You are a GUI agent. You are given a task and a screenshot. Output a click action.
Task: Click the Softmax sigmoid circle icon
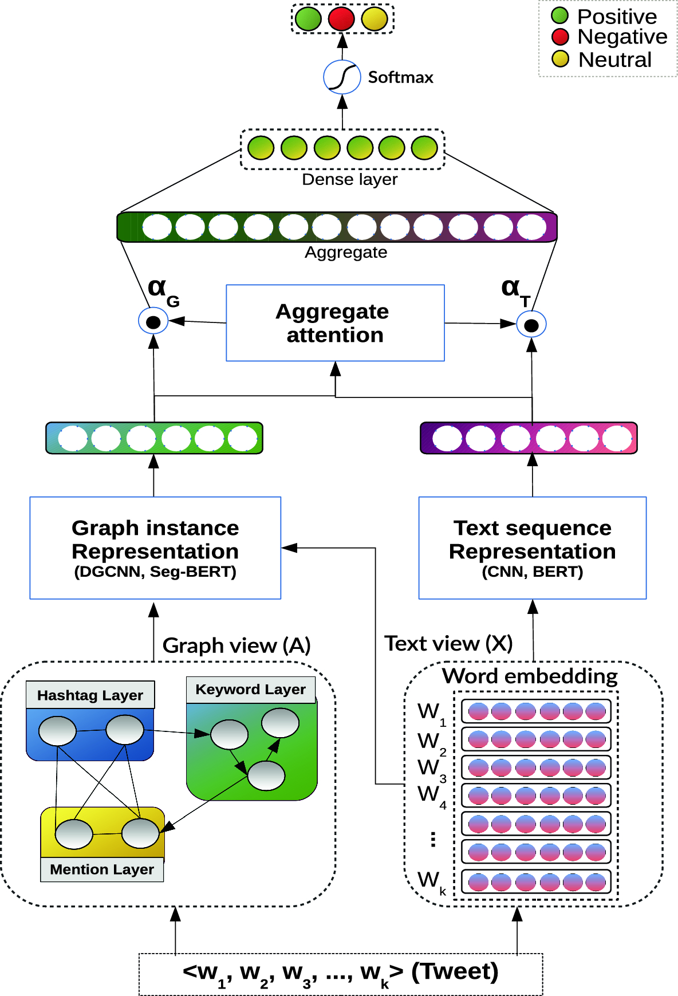[342, 77]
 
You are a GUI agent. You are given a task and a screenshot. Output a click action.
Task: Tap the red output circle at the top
[342, 18]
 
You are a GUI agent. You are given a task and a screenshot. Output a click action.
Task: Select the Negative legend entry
[609, 37]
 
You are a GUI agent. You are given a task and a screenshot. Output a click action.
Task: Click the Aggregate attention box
[335, 323]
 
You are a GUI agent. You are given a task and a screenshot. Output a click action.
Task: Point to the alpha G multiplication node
[153, 321]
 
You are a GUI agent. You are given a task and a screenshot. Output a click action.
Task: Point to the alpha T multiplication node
[531, 325]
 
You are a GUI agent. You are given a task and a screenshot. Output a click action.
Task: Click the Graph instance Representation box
[155, 548]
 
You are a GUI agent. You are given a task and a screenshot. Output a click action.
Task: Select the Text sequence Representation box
[532, 548]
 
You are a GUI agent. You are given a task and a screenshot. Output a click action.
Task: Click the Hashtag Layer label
[90, 695]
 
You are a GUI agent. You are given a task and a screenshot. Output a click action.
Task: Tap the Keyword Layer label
[250, 689]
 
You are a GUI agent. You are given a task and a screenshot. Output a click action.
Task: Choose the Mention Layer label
[102, 869]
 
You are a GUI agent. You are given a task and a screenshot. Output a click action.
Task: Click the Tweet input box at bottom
[341, 974]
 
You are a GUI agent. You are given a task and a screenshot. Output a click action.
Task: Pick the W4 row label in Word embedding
[431, 796]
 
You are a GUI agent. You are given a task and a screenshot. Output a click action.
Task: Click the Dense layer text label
[349, 180]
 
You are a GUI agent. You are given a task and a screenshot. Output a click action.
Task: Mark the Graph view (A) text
[236, 645]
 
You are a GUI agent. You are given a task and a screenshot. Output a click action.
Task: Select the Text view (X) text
[448, 644]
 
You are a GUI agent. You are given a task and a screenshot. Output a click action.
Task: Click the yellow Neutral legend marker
[560, 59]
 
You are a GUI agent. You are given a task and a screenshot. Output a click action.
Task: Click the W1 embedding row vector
[537, 711]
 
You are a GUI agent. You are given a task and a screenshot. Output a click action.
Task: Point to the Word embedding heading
[530, 676]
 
